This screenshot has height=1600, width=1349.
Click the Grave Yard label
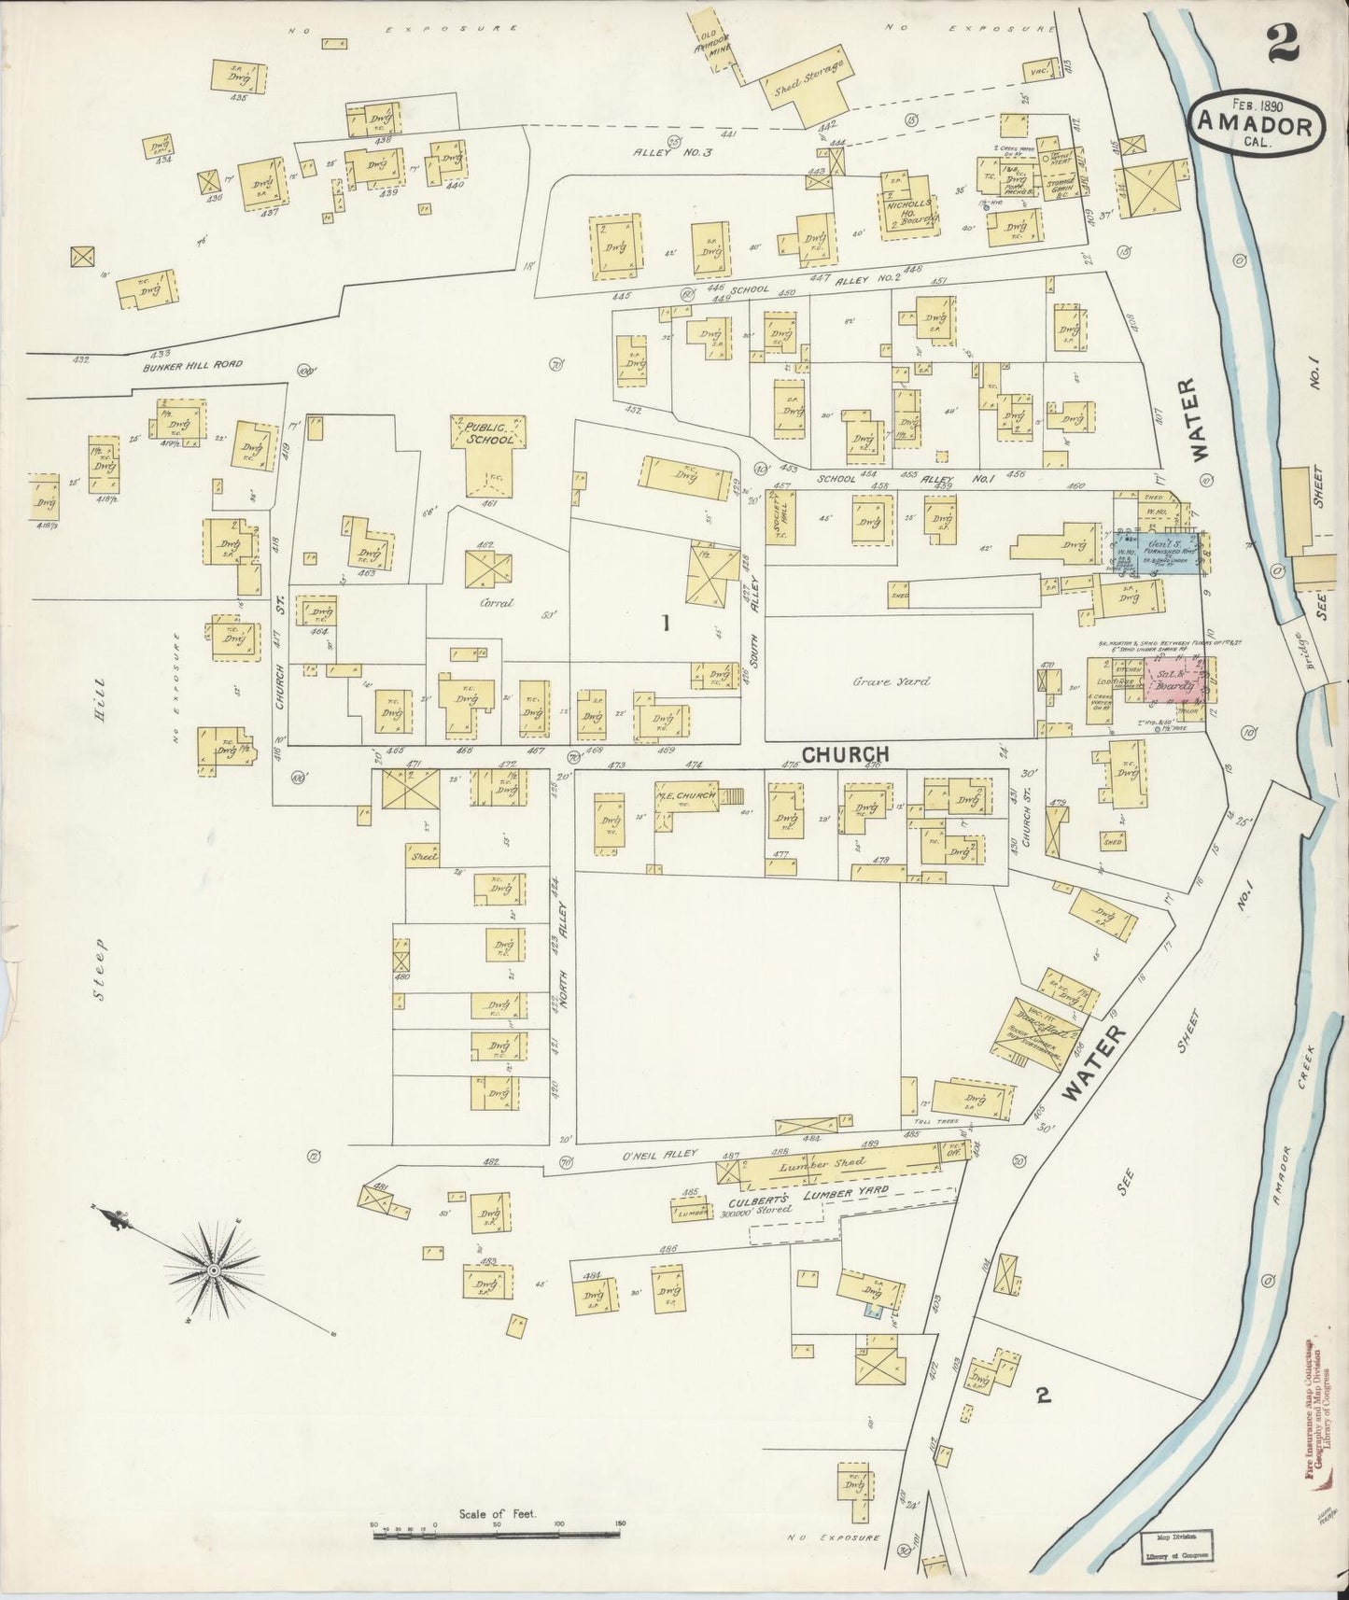pyautogui.click(x=891, y=681)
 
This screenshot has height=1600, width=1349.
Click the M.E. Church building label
pyautogui.click(x=686, y=795)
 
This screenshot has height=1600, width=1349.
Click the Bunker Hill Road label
pyautogui.click(x=193, y=364)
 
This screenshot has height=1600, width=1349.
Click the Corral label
pyautogui.click(x=496, y=603)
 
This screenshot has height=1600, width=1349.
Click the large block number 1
pyautogui.click(x=666, y=624)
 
